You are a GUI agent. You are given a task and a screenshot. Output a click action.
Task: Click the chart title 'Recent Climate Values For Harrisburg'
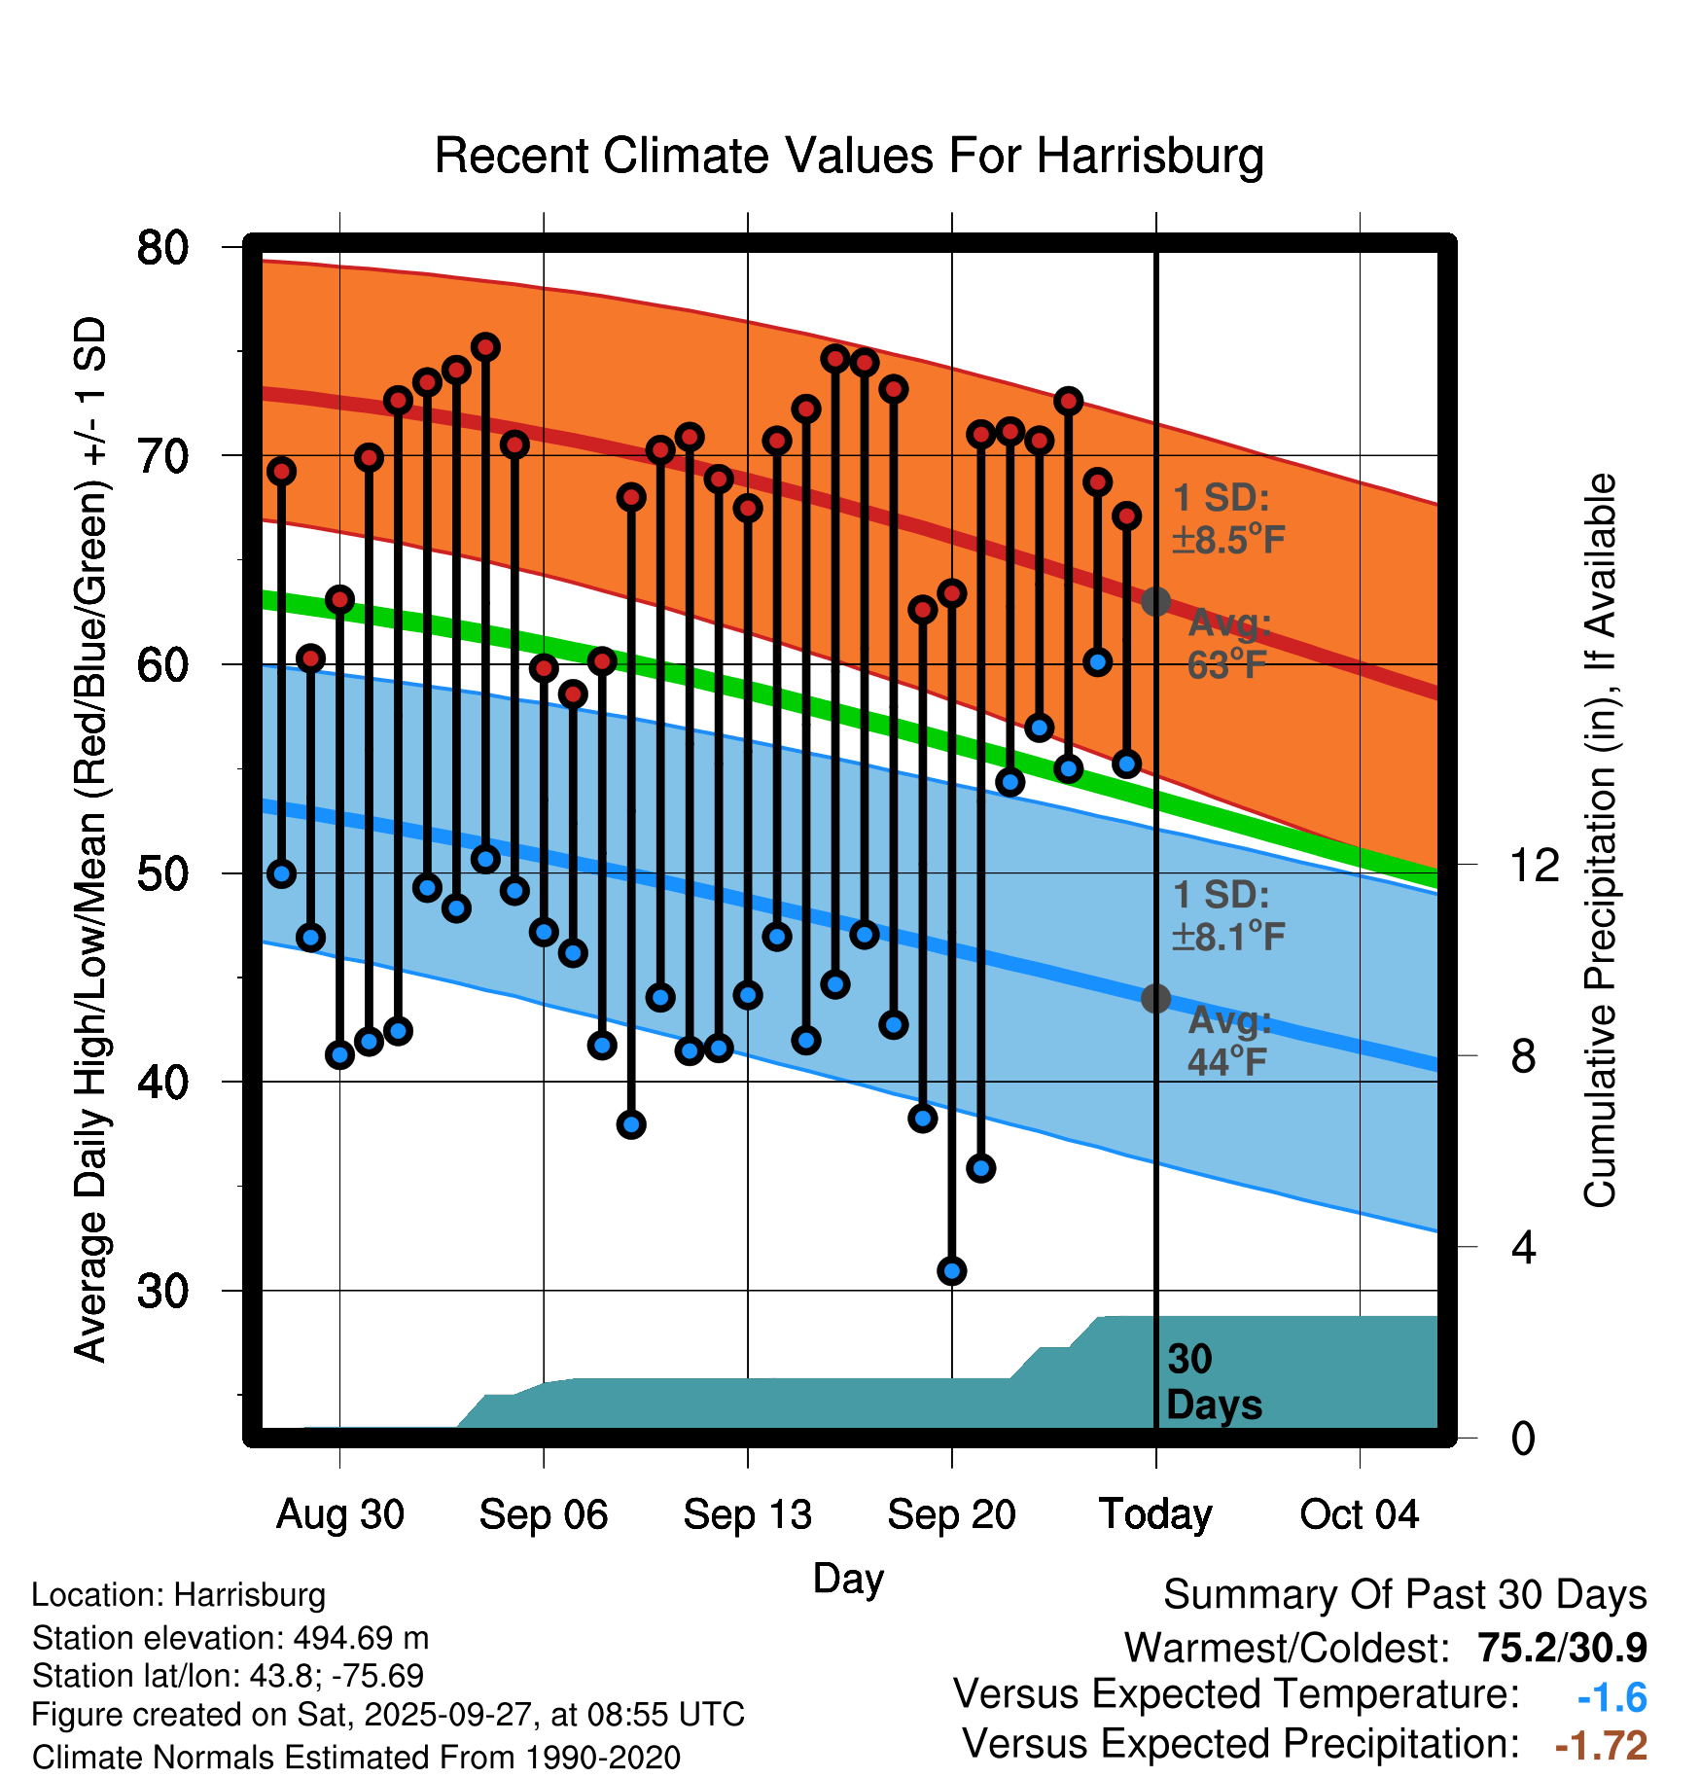849,157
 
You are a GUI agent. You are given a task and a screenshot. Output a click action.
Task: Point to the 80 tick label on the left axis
162,248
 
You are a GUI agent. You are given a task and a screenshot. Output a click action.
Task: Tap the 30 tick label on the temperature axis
162,1292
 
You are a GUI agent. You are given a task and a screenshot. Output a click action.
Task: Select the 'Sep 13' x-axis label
747,1514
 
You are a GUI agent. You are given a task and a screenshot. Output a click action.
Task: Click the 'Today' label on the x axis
1155,1514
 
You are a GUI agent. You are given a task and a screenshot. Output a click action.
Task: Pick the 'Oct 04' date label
1359,1514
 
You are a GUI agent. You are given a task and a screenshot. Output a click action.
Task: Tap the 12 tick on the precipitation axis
1534,865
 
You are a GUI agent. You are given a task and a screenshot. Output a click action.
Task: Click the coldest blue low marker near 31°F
952,1270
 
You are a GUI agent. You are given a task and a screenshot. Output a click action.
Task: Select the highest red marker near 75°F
485,347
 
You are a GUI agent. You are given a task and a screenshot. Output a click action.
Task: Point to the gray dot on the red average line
1155,602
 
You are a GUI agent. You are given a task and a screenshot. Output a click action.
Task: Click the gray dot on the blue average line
1155,998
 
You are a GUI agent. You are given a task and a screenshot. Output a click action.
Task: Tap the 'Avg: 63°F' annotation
1228,644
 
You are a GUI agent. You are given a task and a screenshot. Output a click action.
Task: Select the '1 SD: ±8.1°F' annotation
1228,916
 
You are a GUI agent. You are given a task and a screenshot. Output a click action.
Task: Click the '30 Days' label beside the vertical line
1213,1382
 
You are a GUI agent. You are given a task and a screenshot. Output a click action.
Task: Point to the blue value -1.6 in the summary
1611,1698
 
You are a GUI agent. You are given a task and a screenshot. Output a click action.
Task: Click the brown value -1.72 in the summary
1601,1746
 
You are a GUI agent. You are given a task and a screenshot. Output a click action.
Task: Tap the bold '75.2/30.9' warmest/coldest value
1562,1648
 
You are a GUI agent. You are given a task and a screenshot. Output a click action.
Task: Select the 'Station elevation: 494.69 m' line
230,1638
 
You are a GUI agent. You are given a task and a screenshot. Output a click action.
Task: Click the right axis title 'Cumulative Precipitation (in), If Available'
1600,840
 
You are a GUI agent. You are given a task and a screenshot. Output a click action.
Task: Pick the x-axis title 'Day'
848,1578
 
